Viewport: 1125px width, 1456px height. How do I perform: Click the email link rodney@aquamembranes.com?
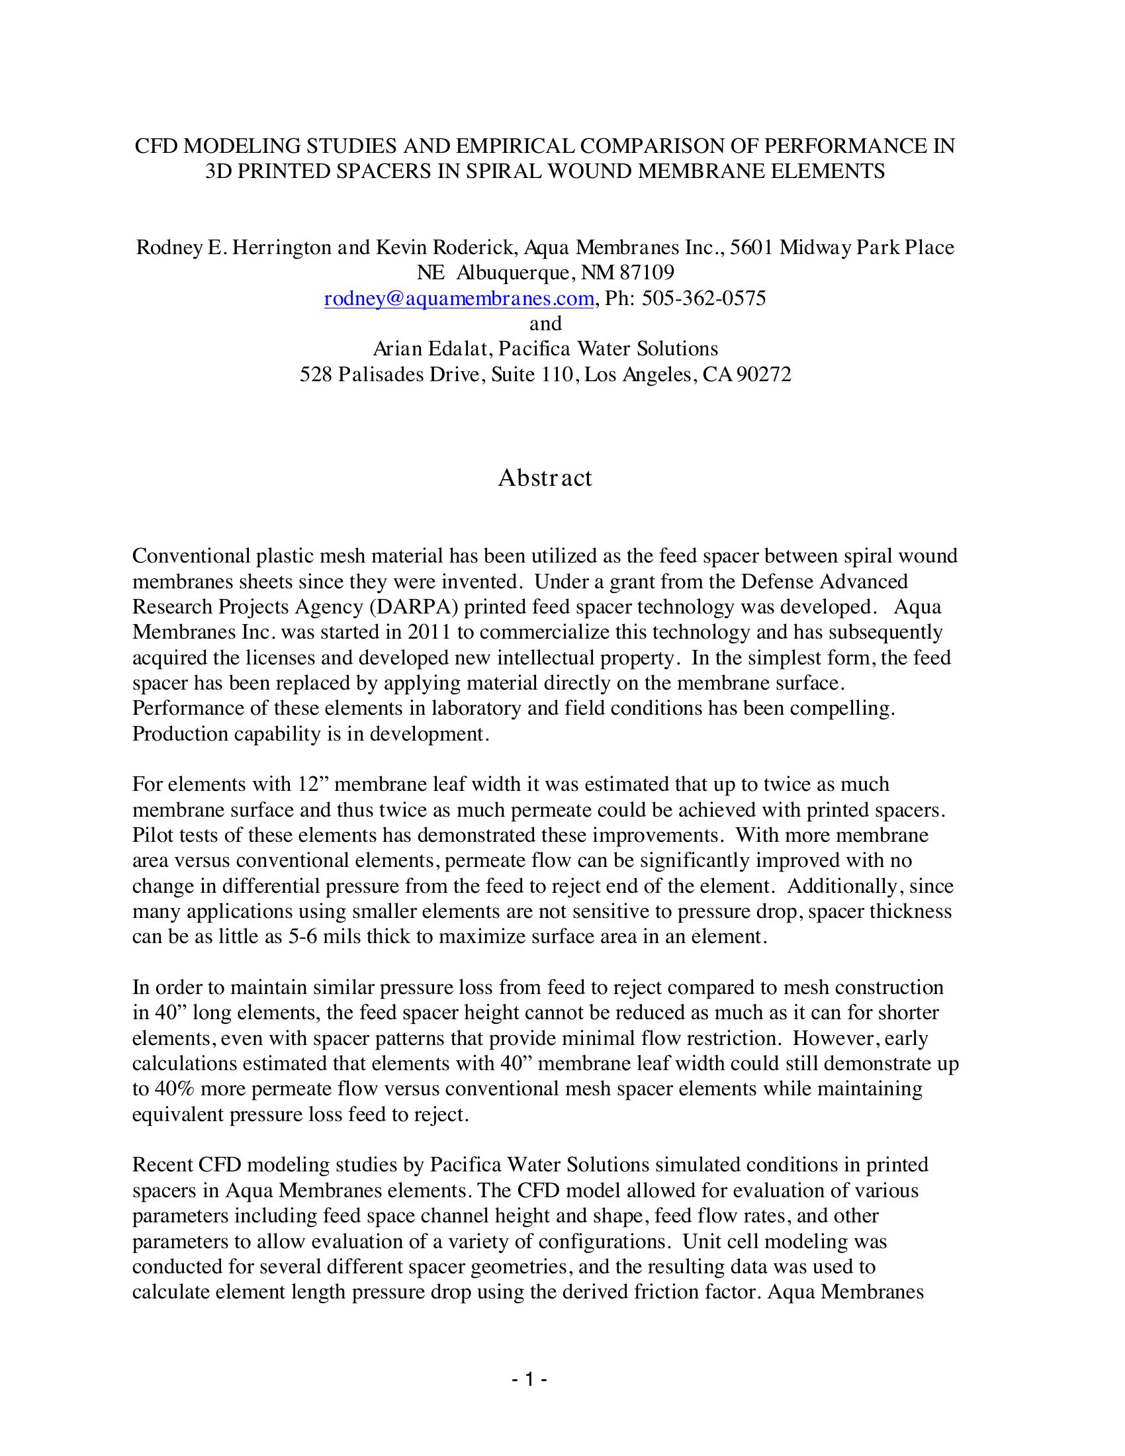(459, 298)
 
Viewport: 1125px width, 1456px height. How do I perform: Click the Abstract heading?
(545, 477)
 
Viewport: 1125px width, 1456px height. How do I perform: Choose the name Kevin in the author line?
(402, 248)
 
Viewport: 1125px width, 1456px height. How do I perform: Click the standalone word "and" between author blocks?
(545, 324)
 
